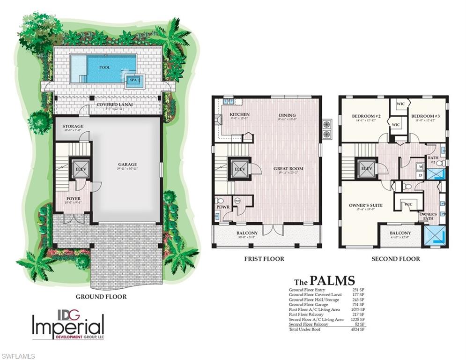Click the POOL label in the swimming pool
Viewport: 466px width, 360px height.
pos(104,67)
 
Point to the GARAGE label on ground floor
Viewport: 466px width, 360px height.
pos(127,165)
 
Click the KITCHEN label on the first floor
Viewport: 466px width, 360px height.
pos(239,114)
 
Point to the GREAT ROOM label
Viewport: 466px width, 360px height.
pos(288,168)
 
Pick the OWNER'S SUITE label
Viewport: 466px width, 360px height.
pos(366,205)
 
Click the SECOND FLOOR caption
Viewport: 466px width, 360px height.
pos(395,259)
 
